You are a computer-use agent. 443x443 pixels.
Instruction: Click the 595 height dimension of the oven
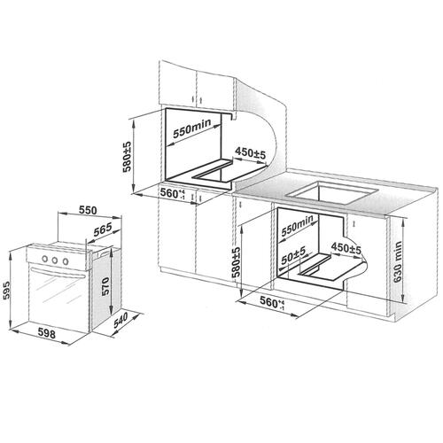7,291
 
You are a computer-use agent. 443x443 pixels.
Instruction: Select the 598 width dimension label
47,333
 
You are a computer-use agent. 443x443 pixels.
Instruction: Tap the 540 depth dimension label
120,320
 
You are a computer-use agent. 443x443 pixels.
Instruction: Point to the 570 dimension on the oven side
105,286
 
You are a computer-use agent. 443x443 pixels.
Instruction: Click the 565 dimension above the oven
103,229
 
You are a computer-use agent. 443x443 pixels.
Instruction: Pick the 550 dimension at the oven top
88,210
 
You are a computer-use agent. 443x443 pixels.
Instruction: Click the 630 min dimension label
398,261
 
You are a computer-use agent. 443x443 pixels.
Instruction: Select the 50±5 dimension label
293,256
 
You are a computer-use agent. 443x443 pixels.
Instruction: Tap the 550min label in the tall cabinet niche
192,128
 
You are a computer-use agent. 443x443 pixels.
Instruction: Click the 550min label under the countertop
297,226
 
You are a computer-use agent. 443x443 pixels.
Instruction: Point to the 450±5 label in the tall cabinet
251,152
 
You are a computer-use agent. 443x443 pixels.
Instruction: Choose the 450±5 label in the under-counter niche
346,248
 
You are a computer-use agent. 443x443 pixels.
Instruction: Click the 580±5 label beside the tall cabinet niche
127,157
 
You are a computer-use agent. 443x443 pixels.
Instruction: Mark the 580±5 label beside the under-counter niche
237,262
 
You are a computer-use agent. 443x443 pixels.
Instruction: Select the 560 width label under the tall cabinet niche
173,193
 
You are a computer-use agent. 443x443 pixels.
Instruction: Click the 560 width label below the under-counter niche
272,302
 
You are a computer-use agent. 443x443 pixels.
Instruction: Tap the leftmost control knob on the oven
45,259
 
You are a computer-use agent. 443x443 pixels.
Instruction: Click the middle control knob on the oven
55,260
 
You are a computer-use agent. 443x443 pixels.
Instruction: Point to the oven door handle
58,273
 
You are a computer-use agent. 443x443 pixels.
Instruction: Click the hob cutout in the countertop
333,193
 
